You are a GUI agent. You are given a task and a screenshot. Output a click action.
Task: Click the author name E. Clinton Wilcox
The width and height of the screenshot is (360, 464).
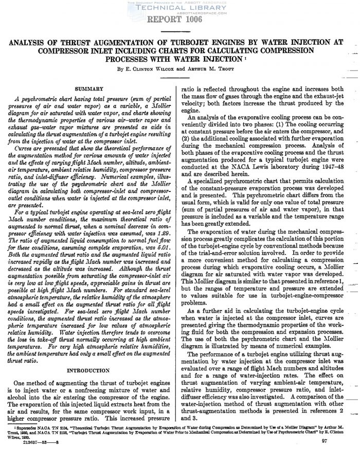[150, 67]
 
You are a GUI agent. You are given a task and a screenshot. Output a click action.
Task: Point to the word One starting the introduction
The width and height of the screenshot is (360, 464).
[23, 383]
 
